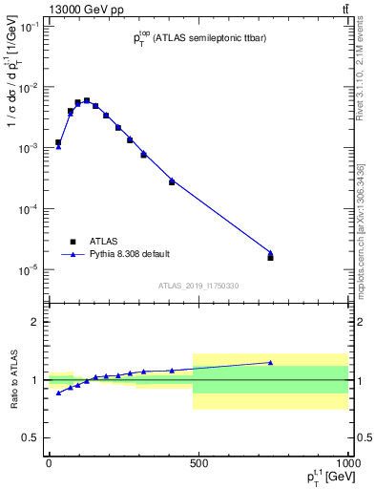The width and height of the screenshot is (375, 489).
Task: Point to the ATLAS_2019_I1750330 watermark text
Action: pos(198,286)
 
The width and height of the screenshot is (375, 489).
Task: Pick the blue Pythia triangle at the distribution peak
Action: pos(87,100)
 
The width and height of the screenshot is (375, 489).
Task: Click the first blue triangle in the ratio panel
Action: pos(58,393)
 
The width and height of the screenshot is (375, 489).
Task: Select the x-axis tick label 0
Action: pos(49,462)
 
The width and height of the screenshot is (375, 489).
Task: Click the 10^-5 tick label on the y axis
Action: pos(29,269)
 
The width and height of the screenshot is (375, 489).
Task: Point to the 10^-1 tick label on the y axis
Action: pos(29,27)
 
